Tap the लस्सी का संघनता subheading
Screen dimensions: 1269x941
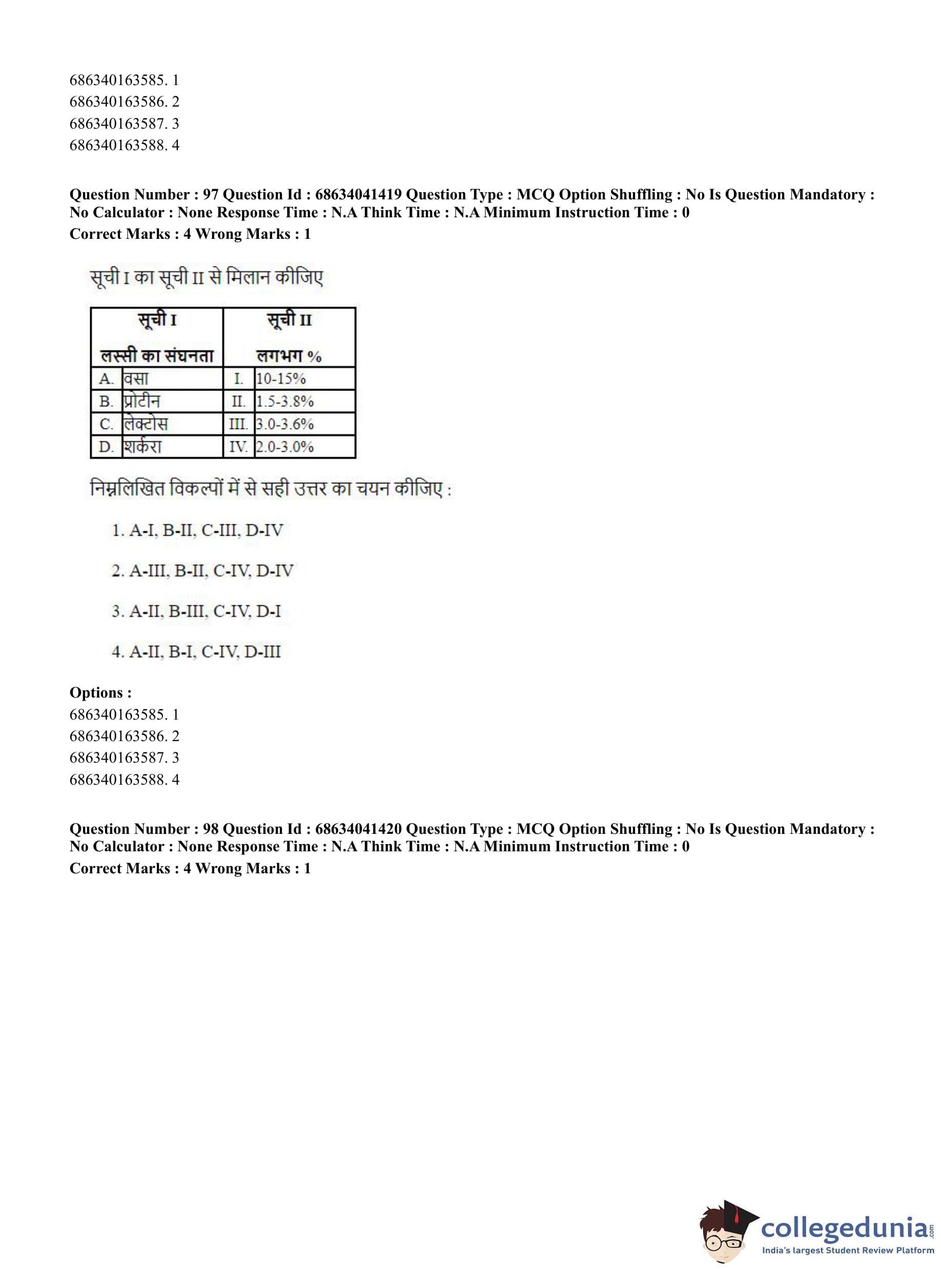(157, 356)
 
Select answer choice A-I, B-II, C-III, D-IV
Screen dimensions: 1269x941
(197, 531)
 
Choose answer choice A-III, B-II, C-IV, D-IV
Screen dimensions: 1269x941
(202, 571)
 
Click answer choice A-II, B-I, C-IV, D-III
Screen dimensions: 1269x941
(196, 652)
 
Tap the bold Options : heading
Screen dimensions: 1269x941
(100, 692)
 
